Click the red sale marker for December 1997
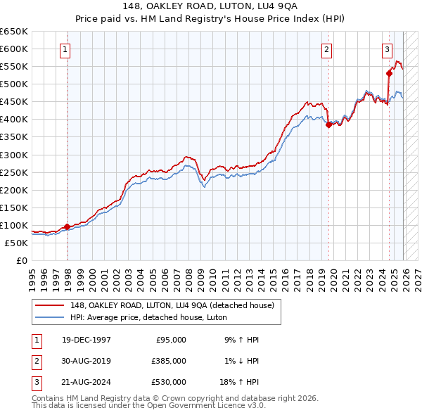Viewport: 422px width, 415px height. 68,226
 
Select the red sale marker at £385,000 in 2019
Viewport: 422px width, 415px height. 328,124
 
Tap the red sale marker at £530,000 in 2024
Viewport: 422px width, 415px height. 389,72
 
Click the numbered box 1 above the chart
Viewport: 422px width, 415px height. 65,49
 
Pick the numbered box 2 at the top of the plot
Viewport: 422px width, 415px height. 328,49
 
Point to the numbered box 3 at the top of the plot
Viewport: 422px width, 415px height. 388,49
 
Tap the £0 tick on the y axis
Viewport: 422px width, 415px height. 21,261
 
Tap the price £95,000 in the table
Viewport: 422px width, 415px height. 169,339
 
